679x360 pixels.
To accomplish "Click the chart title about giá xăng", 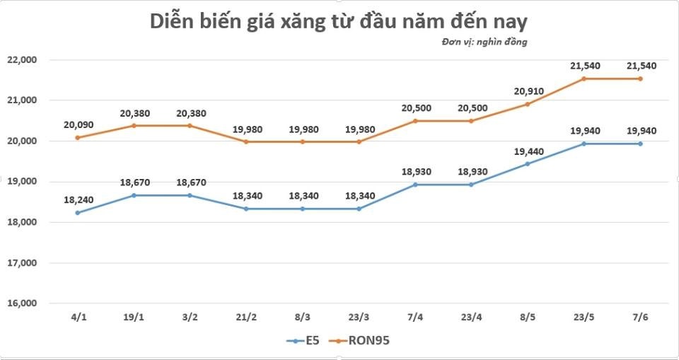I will pos(339,21).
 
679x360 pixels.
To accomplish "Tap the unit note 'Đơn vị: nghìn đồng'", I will pos(484,42).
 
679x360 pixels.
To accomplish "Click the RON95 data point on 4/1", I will pos(77,137).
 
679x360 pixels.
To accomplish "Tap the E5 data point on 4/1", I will pos(77,212).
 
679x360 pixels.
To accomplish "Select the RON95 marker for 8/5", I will pos(528,104).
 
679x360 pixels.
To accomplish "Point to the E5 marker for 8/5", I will pos(528,163).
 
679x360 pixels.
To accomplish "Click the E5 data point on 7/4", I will pos(415,185).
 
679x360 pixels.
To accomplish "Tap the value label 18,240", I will pos(77,200).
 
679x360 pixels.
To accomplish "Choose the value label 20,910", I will pos(528,91).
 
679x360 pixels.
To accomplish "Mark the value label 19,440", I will pos(528,151).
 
